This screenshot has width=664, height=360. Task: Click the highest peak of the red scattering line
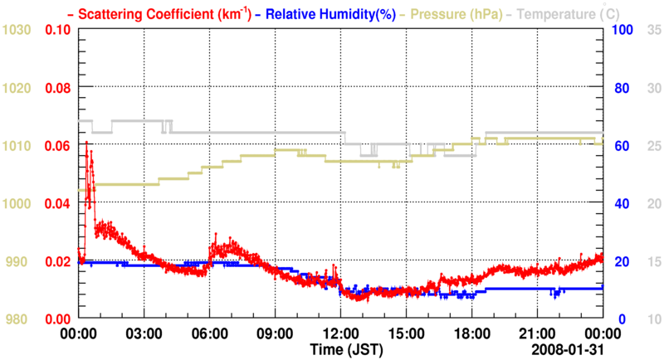click(86, 143)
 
